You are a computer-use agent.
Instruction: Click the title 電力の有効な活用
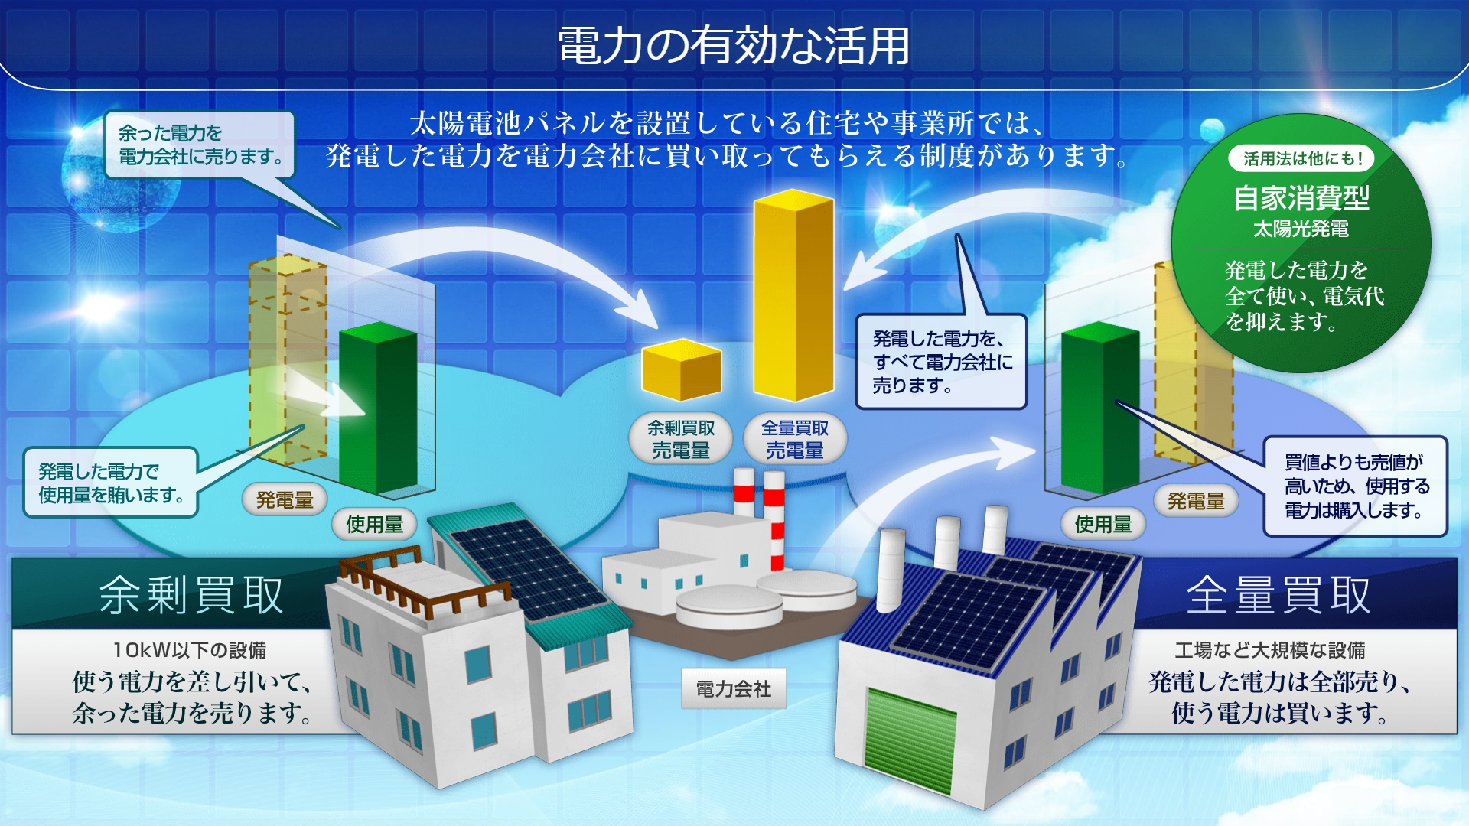coord(733,46)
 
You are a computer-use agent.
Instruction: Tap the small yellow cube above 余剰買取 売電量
coord(681,371)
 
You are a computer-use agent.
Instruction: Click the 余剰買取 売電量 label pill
coord(681,439)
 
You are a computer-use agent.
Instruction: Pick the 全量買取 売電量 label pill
coord(795,439)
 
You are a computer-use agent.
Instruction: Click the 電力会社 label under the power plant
coord(733,689)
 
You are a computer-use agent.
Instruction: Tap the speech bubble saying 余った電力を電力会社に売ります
coord(200,145)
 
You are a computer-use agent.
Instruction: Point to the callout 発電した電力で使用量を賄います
coord(111,483)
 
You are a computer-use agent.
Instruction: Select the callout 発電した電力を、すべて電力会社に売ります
coord(941,362)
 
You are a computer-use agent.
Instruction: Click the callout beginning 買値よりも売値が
coord(1354,486)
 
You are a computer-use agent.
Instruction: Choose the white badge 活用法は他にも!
coord(1301,159)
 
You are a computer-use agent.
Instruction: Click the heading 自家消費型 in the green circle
coord(1301,199)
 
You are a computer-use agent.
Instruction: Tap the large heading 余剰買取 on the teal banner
coord(191,595)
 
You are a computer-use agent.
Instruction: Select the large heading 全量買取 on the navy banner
coord(1278,595)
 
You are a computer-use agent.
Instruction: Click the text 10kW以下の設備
coord(190,650)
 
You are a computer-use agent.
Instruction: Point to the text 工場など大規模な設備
coord(1270,650)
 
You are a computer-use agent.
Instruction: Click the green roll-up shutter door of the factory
coord(910,738)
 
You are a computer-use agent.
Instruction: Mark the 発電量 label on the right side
coord(1196,501)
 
